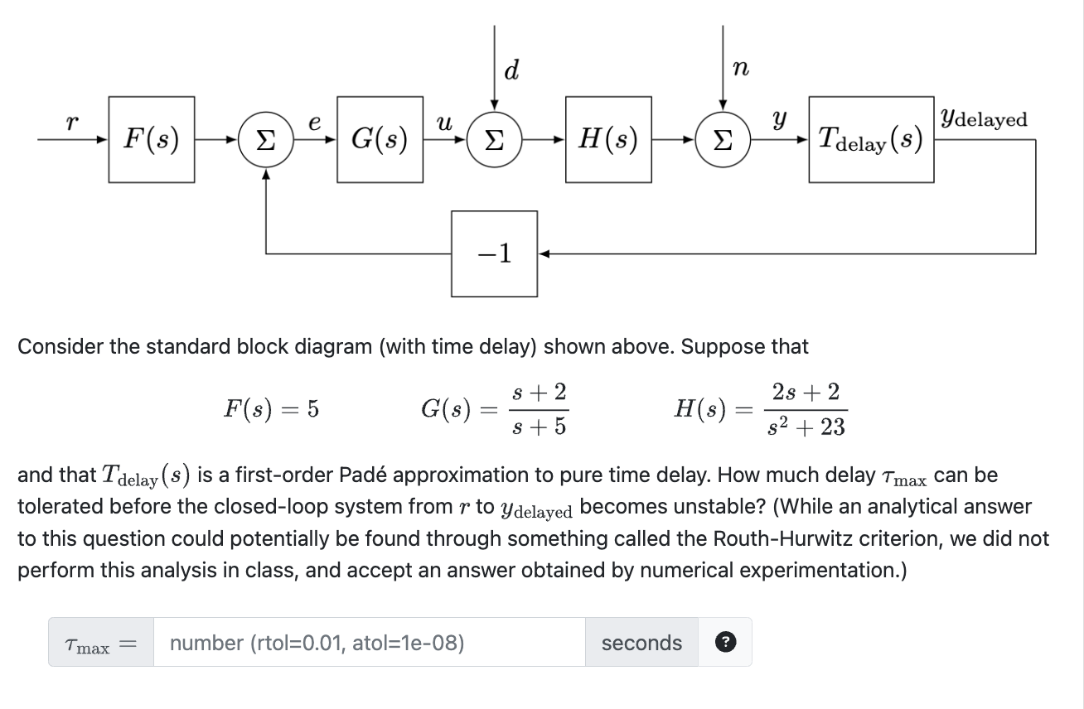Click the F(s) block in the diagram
(x=151, y=139)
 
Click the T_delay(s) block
(x=871, y=139)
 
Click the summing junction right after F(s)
(x=265, y=139)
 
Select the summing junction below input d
(x=494, y=139)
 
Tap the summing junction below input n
(x=723, y=139)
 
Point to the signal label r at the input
(x=72, y=123)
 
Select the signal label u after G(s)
(x=444, y=123)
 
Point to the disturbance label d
(x=511, y=71)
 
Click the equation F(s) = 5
(x=272, y=408)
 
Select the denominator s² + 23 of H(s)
(x=806, y=427)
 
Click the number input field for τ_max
(x=369, y=643)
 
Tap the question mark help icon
(x=725, y=643)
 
